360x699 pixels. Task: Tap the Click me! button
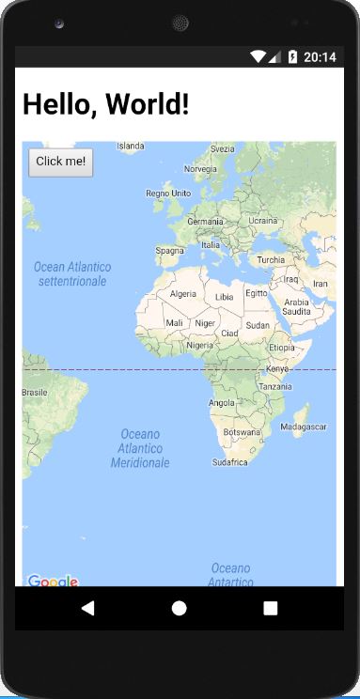tap(60, 162)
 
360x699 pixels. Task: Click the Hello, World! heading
tap(105, 104)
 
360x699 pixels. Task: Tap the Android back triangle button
tap(87, 608)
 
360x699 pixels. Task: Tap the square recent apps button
tap(271, 608)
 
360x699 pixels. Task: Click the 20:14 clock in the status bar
tap(321, 57)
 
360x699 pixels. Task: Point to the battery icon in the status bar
tap(292, 57)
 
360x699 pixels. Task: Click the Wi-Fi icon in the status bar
tap(258, 57)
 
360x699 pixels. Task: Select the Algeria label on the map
tap(182, 294)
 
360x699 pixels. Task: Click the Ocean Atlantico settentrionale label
tap(72, 274)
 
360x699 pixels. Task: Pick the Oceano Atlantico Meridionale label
tap(140, 448)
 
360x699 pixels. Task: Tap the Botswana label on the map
tap(242, 432)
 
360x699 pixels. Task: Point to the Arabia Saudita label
tap(297, 306)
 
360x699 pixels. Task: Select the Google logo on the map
tap(53, 581)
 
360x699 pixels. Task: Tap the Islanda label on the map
tap(130, 146)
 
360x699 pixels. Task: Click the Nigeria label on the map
tap(199, 345)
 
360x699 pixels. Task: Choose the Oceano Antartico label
tap(231, 575)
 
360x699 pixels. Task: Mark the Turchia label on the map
tap(271, 260)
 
